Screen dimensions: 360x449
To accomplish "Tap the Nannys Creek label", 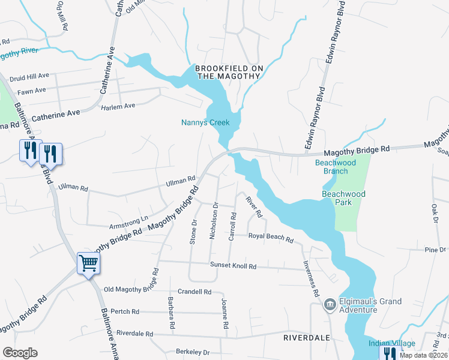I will coord(205,123).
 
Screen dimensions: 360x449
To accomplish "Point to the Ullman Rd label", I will coord(181,179).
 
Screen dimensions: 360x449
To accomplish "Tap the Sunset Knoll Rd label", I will coord(233,266).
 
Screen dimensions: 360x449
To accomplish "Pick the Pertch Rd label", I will coord(125,311).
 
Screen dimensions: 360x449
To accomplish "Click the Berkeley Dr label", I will coord(193,353).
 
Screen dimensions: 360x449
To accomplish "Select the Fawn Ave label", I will coord(32,91).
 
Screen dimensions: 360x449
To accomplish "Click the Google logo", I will coord(20,353).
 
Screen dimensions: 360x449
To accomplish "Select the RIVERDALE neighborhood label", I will coord(307,338).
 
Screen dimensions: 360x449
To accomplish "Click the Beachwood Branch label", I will coord(336,167).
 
